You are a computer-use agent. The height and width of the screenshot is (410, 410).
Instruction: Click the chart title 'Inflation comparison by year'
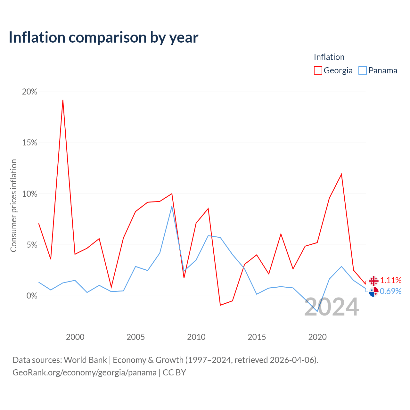tap(103, 38)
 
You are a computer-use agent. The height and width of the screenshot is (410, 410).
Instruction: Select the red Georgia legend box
tap(318, 70)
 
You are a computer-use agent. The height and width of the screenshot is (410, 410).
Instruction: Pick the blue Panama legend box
tap(362, 70)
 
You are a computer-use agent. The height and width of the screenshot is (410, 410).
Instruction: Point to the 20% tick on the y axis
tap(29, 92)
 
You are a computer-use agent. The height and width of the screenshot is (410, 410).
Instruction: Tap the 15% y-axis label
tap(29, 143)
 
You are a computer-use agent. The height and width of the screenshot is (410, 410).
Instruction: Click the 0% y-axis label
tap(32, 296)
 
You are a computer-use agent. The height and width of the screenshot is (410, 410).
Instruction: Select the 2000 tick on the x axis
tap(75, 337)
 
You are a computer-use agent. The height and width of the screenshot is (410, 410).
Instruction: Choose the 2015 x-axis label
tap(257, 337)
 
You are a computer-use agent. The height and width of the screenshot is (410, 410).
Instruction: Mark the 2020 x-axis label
tap(317, 337)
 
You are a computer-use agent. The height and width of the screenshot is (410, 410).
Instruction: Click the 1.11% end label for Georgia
tap(391, 280)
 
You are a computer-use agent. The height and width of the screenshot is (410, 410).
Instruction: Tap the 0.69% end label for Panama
tap(391, 291)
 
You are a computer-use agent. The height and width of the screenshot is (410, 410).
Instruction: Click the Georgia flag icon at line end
tap(373, 281)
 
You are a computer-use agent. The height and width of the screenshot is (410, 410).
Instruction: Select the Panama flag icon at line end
tap(373, 292)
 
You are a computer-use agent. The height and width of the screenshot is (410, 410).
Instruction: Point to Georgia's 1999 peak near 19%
tap(63, 100)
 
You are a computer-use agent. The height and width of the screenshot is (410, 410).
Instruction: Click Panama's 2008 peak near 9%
tap(172, 206)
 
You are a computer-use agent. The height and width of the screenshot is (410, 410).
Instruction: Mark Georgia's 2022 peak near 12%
tap(341, 174)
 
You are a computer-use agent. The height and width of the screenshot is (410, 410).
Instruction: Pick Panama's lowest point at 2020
tap(317, 311)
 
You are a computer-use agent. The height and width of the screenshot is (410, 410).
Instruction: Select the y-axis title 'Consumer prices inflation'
tap(13, 206)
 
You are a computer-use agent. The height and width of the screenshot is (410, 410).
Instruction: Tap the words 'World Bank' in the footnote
tap(85, 360)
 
